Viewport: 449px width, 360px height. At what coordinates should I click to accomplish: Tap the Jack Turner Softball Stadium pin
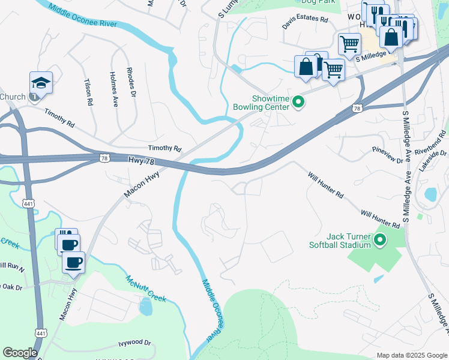(x=379, y=241)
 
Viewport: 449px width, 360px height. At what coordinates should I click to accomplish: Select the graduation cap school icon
(x=41, y=83)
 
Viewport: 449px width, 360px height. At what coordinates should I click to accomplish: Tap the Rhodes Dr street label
(x=131, y=88)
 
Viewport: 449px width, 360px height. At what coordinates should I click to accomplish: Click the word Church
(x=13, y=97)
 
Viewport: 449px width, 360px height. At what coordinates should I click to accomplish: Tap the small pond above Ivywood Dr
(x=145, y=307)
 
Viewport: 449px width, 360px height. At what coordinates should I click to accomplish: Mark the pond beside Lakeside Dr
(x=430, y=195)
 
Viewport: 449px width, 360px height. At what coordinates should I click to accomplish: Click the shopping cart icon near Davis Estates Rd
(x=349, y=44)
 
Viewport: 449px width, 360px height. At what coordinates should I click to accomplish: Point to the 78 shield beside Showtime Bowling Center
(x=357, y=108)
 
